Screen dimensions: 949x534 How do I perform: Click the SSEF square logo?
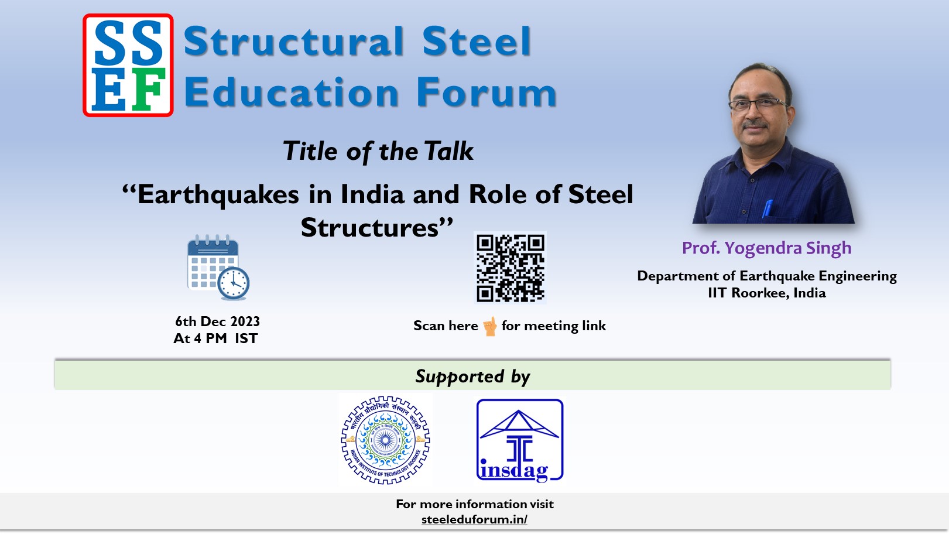[128, 65]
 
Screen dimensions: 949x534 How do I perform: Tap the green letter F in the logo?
[148, 89]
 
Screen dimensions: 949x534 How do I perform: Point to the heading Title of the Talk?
[378, 151]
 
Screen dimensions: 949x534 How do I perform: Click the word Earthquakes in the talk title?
[218, 194]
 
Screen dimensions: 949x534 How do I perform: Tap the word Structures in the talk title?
[369, 228]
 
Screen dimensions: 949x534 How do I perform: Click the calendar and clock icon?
[218, 267]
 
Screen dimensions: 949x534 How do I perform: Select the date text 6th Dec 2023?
[217, 321]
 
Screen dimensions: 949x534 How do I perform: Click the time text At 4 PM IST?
[215, 338]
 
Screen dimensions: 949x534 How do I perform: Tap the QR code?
[510, 268]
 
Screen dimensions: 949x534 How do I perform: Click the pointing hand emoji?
[490, 326]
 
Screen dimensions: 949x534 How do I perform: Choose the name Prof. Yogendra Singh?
[766, 248]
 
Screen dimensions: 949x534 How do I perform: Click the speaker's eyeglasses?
[759, 104]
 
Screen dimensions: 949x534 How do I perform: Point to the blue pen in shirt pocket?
[768, 208]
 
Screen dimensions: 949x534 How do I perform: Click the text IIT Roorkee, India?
[767, 293]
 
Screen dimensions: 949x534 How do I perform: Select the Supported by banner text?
[472, 376]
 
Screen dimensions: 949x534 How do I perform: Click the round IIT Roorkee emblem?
[385, 440]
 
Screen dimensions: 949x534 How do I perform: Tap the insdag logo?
[520, 440]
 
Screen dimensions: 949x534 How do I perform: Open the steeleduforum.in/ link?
[474, 519]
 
